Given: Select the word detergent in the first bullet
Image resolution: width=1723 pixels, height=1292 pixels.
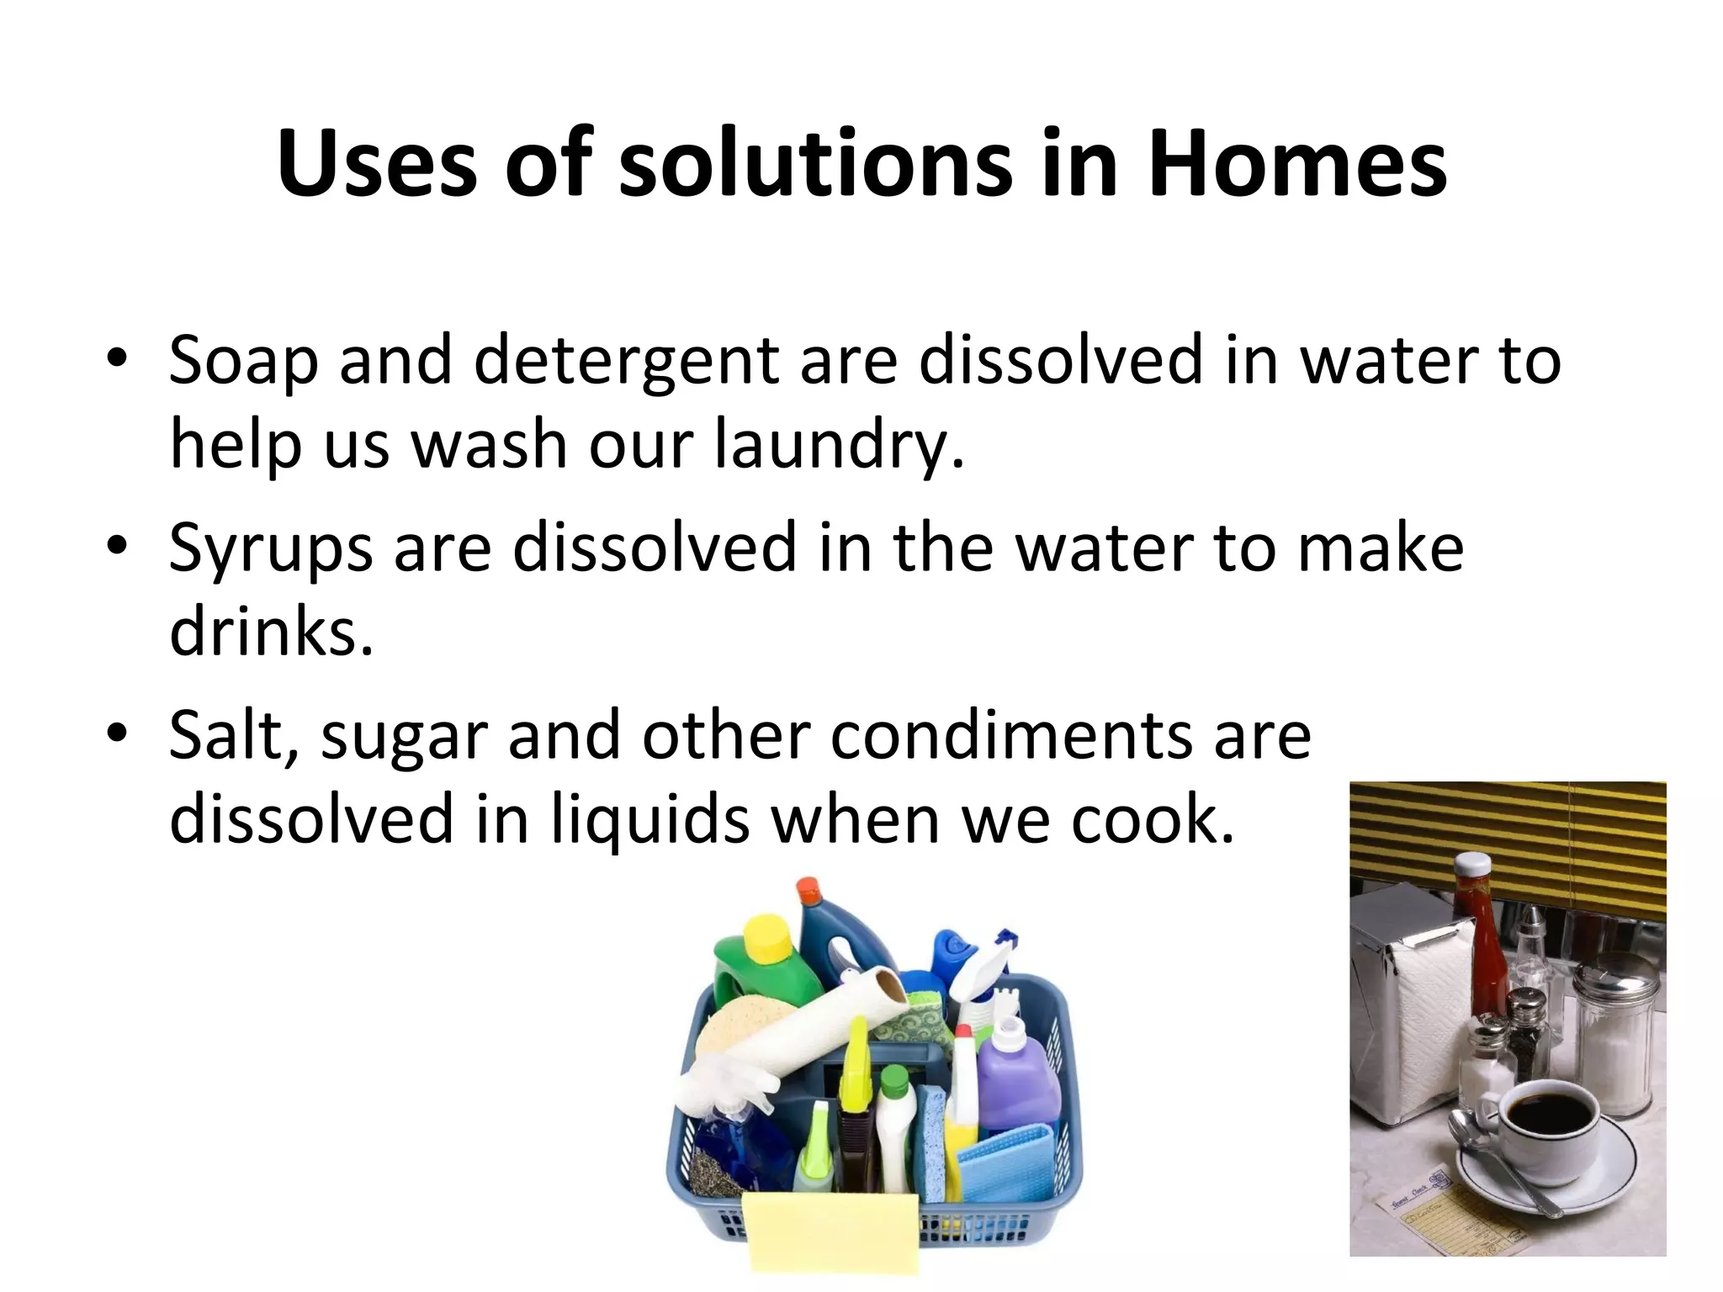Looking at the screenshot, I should [x=627, y=360].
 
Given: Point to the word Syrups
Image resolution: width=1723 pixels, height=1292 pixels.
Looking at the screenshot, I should [x=270, y=548].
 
